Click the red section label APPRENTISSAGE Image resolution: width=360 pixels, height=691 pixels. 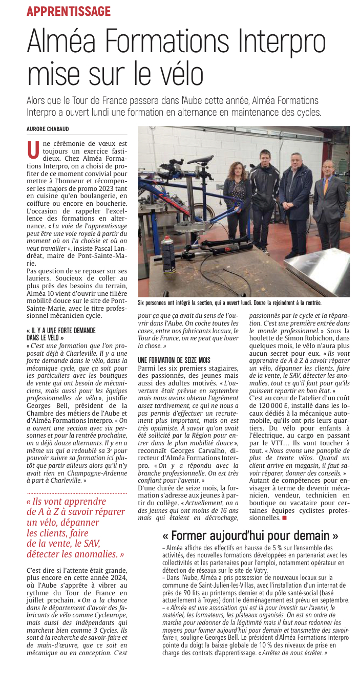tap(69, 11)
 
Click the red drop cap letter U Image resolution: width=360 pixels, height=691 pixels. tap(33, 149)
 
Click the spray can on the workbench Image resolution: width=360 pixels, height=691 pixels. tap(167, 252)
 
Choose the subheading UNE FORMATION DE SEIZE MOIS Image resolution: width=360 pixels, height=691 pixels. tap(175, 360)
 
